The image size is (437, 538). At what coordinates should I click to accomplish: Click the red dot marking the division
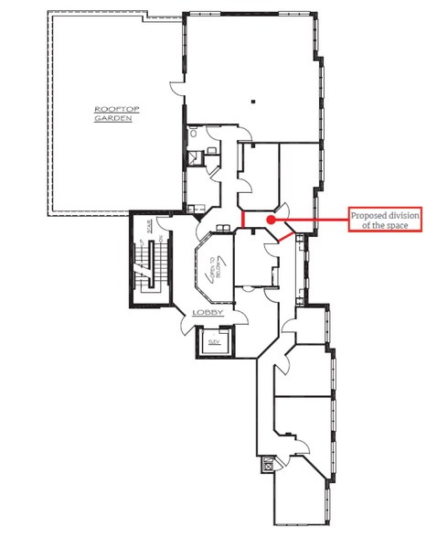(x=272, y=221)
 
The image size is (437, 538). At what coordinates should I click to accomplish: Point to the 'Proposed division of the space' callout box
(x=384, y=220)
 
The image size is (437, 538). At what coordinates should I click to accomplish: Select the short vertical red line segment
(x=242, y=221)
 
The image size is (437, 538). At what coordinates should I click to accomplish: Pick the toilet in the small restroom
(x=193, y=156)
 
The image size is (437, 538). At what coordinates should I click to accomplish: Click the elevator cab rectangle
(x=215, y=345)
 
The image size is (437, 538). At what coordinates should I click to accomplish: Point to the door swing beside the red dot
(x=283, y=210)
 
